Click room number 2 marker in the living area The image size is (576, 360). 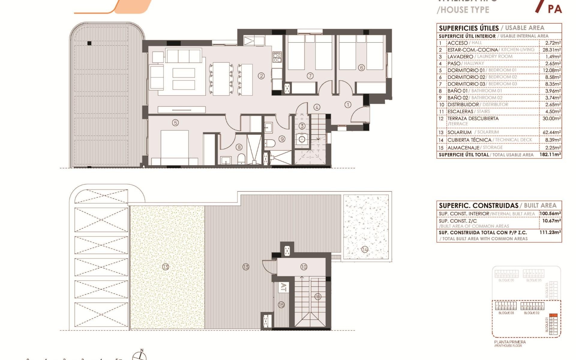[x=261, y=76]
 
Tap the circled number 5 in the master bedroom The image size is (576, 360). [x=175, y=122]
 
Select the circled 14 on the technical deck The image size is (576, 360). [x=365, y=249]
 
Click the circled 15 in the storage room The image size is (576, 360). [x=281, y=305]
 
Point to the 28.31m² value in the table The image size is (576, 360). [x=551, y=50]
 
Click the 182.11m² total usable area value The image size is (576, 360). [x=550, y=155]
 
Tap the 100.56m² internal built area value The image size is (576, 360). [x=550, y=214]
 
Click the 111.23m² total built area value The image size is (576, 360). [x=550, y=232]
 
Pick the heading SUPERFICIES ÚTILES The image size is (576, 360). [x=469, y=28]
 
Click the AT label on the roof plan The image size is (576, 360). [x=283, y=287]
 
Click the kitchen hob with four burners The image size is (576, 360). [x=277, y=57]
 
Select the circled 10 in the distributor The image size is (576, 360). [x=304, y=267]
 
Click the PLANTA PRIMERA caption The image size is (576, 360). [x=510, y=342]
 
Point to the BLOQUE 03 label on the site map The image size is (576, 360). [x=506, y=313]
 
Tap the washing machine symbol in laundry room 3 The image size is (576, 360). [x=302, y=139]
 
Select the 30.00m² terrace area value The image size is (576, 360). [x=551, y=118]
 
